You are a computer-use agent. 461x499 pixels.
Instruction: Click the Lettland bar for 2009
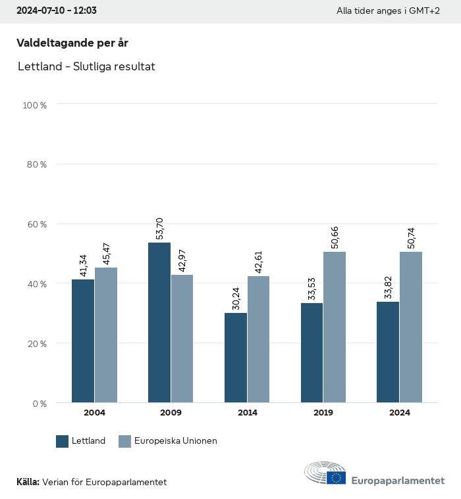click(x=159, y=322)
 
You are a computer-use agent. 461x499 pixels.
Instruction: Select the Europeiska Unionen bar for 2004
click(x=106, y=335)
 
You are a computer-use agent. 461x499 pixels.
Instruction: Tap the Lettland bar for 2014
click(x=236, y=358)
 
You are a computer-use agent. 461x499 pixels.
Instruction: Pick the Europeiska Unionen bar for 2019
click(x=335, y=327)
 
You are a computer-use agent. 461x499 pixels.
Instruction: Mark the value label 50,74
click(x=411, y=237)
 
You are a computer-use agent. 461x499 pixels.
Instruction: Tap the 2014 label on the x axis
click(x=247, y=413)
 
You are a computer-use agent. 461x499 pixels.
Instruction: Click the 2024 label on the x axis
click(x=399, y=413)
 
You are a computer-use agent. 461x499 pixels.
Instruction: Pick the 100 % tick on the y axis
click(x=35, y=105)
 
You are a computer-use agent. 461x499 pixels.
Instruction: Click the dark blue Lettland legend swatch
click(x=63, y=441)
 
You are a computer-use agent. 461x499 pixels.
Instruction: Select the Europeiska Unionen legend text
click(x=175, y=441)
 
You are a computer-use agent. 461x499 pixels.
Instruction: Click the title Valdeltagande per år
click(x=72, y=43)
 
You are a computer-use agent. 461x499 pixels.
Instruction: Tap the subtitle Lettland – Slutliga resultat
click(x=86, y=66)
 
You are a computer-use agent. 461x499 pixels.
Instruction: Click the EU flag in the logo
click(x=336, y=477)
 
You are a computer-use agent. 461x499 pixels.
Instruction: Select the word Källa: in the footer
click(x=28, y=482)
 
